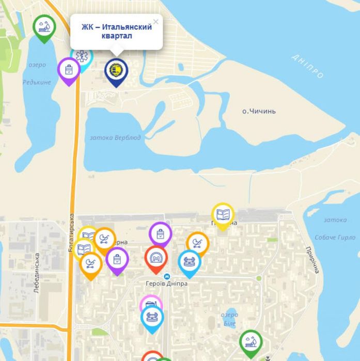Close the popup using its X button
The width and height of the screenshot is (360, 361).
(156, 22)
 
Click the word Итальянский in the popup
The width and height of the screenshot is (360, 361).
(129, 27)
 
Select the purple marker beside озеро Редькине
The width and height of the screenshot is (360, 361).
(69, 70)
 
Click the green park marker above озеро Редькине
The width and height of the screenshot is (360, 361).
(44, 26)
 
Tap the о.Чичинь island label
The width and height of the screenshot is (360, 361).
(259, 111)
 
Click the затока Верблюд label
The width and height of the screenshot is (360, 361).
(115, 138)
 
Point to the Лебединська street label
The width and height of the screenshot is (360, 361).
(37, 273)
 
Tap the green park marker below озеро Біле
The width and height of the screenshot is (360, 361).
(251, 342)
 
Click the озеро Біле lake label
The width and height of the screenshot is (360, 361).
(229, 319)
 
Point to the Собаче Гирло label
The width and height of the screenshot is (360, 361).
(335, 237)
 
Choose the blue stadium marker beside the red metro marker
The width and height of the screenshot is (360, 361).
(190, 261)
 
